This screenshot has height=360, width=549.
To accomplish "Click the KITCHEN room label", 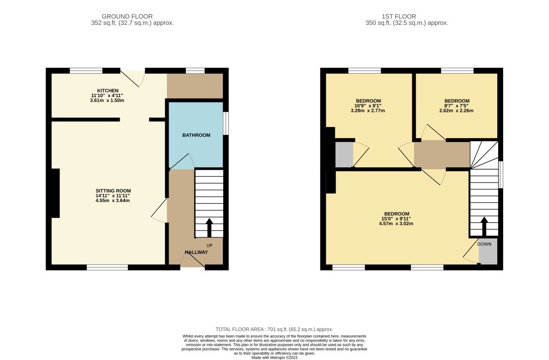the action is (x=108, y=90).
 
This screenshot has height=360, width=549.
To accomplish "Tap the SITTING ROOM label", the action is (x=113, y=191).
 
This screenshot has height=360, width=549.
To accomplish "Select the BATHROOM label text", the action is (x=196, y=135).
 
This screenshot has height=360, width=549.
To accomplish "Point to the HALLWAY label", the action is (x=196, y=252).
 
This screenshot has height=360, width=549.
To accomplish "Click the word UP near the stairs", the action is (x=209, y=245).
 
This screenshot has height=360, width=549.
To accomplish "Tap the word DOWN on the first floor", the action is (x=484, y=244).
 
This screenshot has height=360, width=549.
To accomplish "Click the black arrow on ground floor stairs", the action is (x=209, y=228).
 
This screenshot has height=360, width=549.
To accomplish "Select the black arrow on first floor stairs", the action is (x=484, y=226).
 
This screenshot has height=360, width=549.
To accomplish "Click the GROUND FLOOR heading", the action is (x=127, y=16).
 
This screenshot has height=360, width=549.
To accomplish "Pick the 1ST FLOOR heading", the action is (x=399, y=16).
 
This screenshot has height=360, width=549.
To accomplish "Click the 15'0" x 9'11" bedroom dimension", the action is (x=396, y=219).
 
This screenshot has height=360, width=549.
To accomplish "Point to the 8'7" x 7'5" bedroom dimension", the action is (x=457, y=106).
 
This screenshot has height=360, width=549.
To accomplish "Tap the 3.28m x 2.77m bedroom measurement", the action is (x=368, y=111).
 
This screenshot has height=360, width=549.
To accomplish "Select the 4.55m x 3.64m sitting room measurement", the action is (x=113, y=200).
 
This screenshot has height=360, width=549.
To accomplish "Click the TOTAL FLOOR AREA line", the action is (x=274, y=329).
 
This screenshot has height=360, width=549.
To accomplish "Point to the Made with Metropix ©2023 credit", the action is (x=274, y=358).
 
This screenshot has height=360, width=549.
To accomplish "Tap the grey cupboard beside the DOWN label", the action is (x=488, y=251).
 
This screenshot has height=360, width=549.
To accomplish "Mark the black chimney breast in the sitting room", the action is (x=56, y=193).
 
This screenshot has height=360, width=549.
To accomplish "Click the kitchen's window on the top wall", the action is (x=86, y=71).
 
